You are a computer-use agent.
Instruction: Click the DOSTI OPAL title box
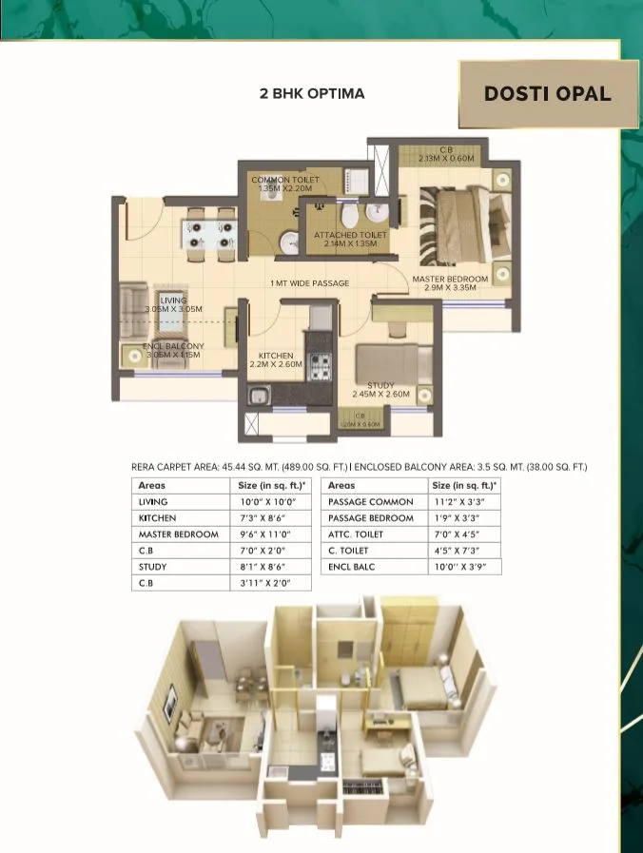tap(547, 93)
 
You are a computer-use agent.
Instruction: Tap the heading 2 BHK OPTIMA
tap(312, 93)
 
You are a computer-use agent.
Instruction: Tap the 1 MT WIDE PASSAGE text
tap(309, 283)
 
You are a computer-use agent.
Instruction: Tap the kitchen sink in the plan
tap(258, 396)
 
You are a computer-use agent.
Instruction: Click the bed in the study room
tap(385, 363)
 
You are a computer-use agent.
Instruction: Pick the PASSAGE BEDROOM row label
tap(371, 517)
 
